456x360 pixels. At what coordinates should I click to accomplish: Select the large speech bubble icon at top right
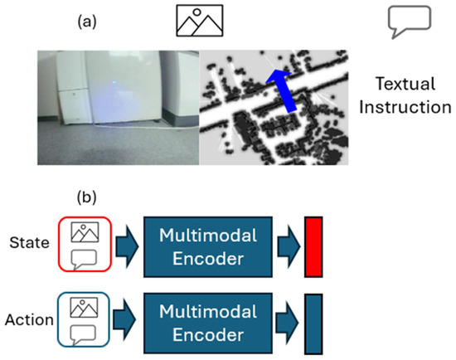[x=410, y=22]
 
